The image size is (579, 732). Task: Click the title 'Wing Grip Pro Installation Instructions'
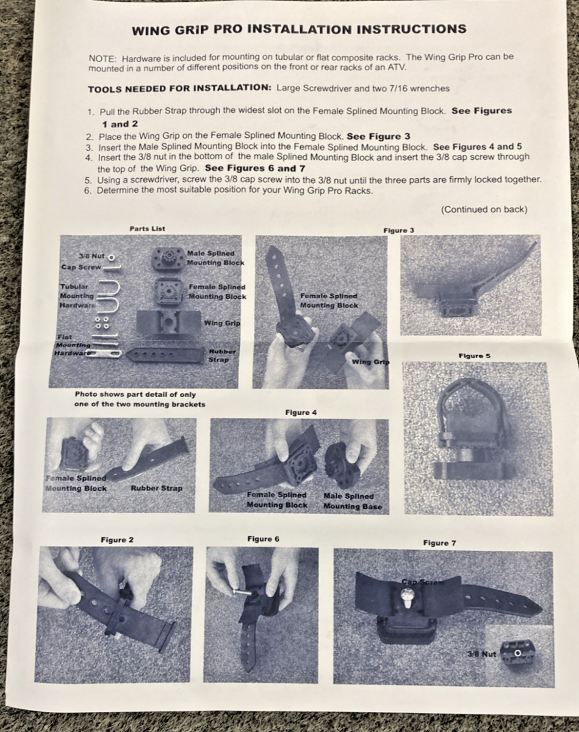coord(299,29)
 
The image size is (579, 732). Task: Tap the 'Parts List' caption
coord(147,229)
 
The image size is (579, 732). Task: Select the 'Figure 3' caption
coord(398,231)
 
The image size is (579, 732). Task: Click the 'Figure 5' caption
coord(475,356)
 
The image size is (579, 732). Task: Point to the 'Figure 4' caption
coord(301,412)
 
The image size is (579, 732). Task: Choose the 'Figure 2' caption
coord(117,540)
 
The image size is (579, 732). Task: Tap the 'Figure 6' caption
coord(263,539)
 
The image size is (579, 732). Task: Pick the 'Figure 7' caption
coord(439,543)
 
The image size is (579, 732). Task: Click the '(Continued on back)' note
coord(484,209)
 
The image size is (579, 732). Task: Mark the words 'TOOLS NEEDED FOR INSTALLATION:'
coord(179,89)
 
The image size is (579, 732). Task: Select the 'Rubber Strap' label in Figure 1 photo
coord(156,488)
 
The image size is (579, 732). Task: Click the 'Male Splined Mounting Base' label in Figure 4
coord(353,501)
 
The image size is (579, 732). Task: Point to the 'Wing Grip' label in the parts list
coord(222,323)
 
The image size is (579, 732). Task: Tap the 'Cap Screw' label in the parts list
coord(81,267)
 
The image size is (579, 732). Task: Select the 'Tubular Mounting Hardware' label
coord(76,296)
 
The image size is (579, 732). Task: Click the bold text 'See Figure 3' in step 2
coord(378,137)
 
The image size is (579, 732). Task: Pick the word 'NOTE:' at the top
coord(102,59)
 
